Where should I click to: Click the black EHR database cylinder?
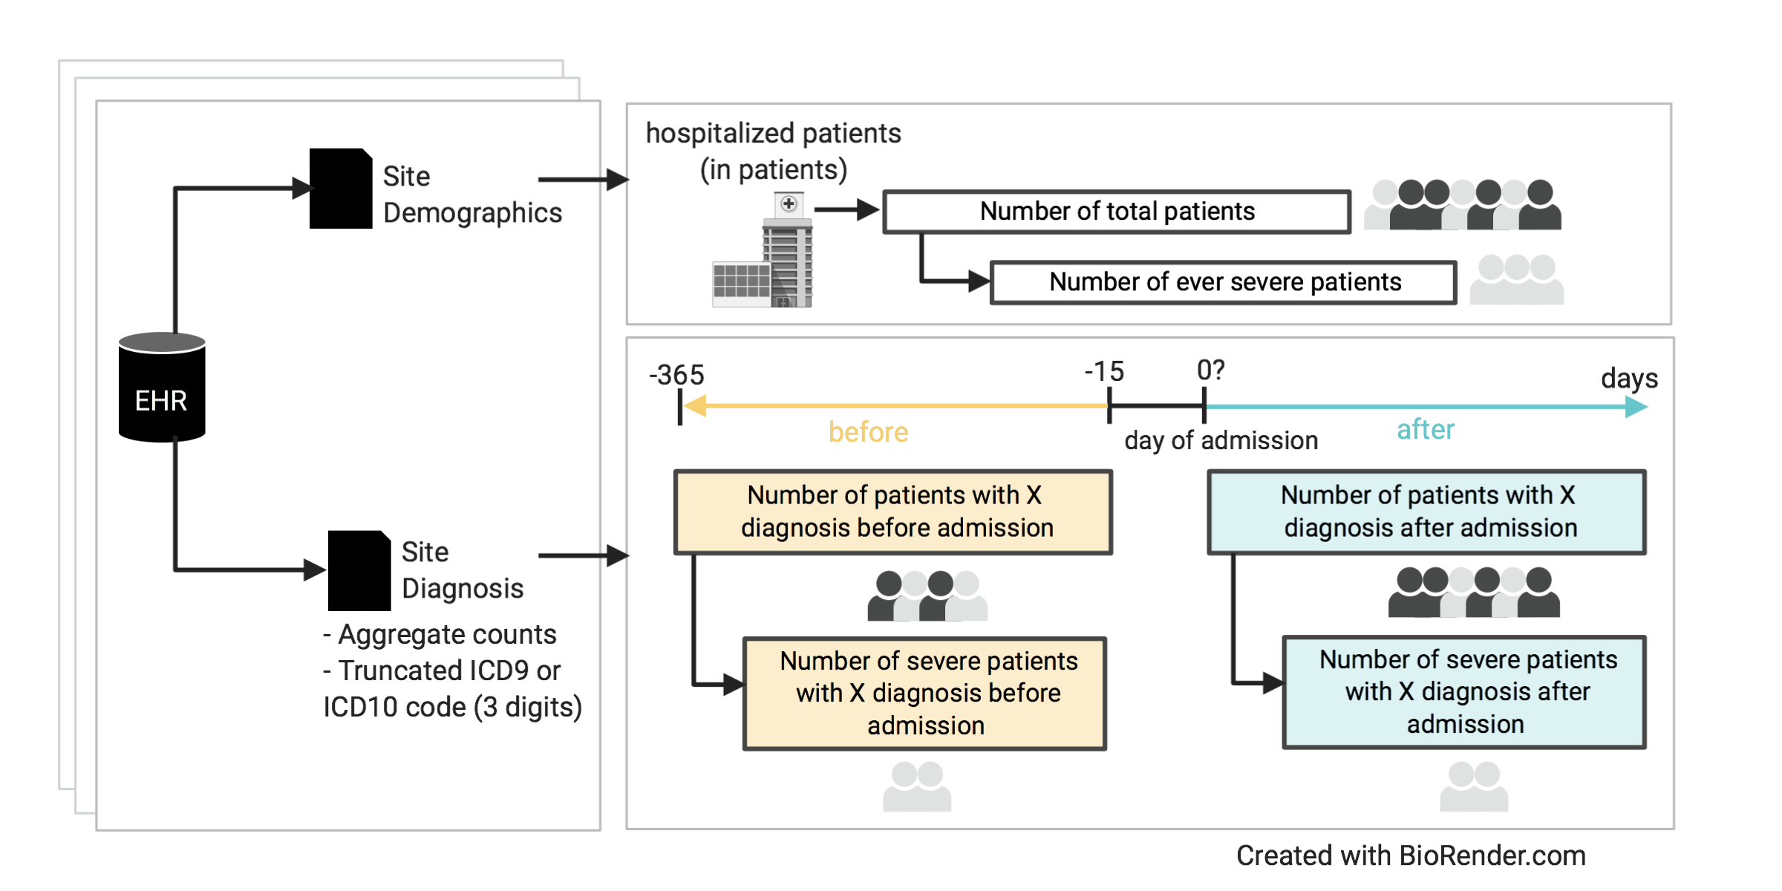pos(162,388)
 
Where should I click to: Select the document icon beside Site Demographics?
pos(340,189)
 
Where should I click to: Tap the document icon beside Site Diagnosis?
pos(359,570)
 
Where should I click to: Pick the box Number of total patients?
pos(1116,212)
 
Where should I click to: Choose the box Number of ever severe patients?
pos(1224,282)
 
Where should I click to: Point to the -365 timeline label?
pos(676,375)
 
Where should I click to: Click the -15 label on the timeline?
pos(1104,371)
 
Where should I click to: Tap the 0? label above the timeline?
pos(1210,370)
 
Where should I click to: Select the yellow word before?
pos(868,432)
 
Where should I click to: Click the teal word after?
pos(1425,429)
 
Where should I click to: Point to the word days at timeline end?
pos(1629,378)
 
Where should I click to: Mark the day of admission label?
pos(1221,440)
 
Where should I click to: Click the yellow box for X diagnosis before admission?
pos(892,512)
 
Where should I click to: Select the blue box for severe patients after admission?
pos(1464,692)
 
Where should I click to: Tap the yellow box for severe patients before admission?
pos(925,693)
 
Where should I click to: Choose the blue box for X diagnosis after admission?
pos(1426,512)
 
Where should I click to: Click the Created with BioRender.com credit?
pos(1411,855)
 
